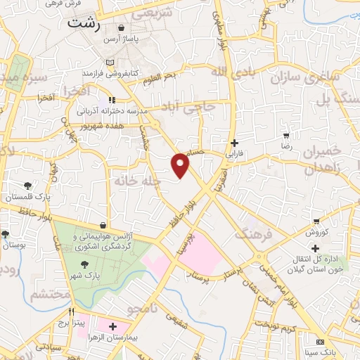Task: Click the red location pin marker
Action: [x=181, y=165]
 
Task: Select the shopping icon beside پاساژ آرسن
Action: [x=122, y=28]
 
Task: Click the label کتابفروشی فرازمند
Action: [x=108, y=72]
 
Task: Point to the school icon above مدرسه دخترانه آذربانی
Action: [x=111, y=100]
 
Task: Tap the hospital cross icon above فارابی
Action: [x=234, y=141]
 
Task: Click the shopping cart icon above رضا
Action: [x=285, y=135]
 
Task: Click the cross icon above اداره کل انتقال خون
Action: [x=315, y=247]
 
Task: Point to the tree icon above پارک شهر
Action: [x=85, y=264]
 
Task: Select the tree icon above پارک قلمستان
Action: [x=27, y=186]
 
